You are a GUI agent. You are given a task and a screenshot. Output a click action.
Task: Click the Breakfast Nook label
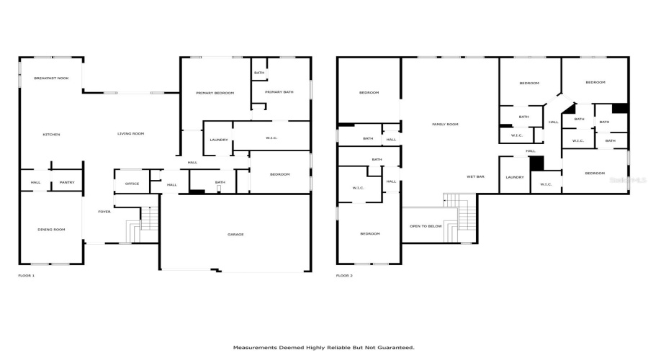click(50, 77)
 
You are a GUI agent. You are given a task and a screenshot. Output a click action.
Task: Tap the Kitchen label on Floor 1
click(51, 135)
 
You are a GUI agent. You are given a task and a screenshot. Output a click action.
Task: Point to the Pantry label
click(67, 183)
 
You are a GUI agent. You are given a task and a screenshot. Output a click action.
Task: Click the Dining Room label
click(51, 230)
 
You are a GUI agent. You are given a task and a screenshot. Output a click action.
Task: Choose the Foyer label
click(104, 212)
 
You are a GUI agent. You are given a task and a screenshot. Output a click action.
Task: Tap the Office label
click(132, 184)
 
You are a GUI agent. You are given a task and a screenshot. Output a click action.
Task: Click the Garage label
click(235, 235)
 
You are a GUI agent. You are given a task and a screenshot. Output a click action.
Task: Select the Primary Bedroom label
click(215, 94)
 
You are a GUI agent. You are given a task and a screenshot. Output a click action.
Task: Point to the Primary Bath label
click(279, 92)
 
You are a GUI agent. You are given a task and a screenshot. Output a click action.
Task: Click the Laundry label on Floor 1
click(219, 140)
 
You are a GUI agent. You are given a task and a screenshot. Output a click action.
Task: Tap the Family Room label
click(445, 125)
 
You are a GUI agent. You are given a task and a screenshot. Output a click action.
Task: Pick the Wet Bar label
click(474, 176)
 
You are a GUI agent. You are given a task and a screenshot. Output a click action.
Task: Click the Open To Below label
click(426, 226)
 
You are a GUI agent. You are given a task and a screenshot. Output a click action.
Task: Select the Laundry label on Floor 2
click(514, 177)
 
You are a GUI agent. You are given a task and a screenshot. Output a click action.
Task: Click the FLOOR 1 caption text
click(26, 276)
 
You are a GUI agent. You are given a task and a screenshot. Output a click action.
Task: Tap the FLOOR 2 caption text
click(344, 276)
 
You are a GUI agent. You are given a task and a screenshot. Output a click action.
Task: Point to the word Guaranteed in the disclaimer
click(394, 347)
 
